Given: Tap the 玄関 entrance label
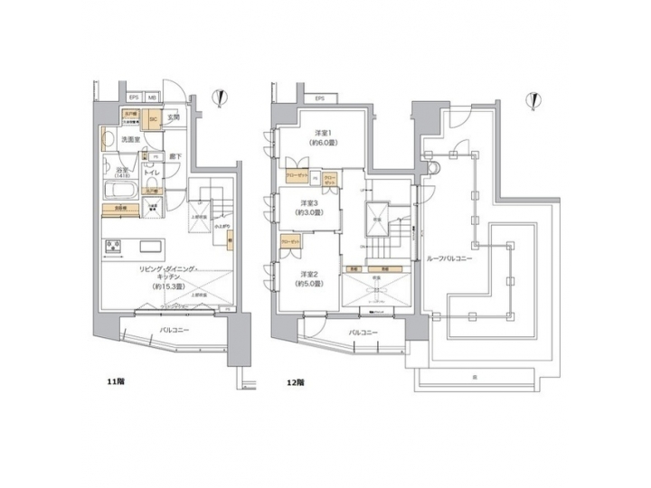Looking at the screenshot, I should [x=175, y=117].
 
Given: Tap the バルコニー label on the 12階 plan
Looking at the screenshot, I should [x=361, y=333].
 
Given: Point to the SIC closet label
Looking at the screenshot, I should [x=153, y=117].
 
